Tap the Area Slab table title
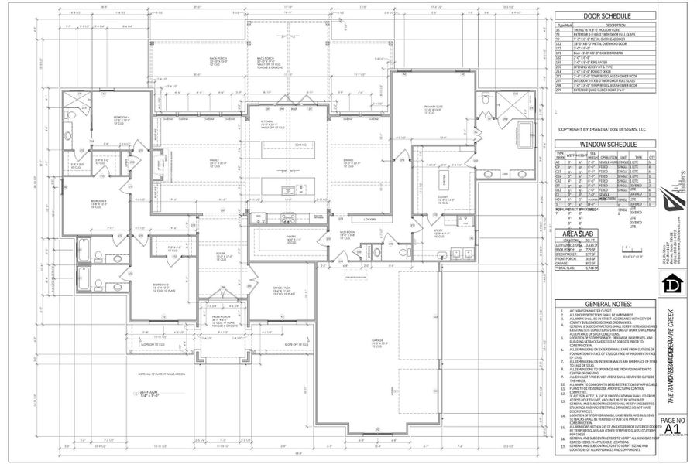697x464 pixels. (x=578, y=233)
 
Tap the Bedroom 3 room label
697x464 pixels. (x=98, y=202)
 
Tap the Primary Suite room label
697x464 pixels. (x=431, y=110)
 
